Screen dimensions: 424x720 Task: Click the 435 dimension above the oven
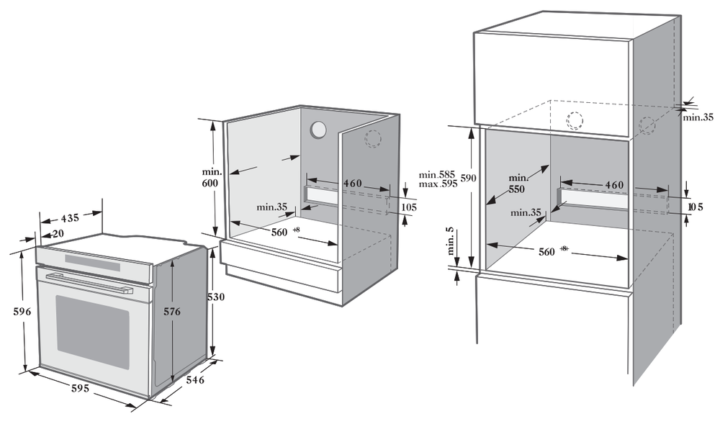point(70,217)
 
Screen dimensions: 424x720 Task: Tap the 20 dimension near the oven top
point(57,233)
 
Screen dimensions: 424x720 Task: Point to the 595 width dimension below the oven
point(79,389)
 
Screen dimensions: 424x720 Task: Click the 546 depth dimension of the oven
point(195,379)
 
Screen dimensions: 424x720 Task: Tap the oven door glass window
point(93,331)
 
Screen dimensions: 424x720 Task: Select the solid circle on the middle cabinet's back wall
point(318,130)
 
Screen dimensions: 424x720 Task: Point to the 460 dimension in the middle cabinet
point(352,184)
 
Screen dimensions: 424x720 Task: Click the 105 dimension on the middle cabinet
point(409,207)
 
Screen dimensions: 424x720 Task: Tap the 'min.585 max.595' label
point(438,179)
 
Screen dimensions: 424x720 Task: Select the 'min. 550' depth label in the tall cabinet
point(517,184)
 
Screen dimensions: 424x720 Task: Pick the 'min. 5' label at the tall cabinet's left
point(451,240)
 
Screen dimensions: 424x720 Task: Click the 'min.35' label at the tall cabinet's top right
point(698,117)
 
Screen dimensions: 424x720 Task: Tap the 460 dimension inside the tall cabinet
point(614,185)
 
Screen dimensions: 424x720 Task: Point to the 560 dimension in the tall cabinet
point(546,251)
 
